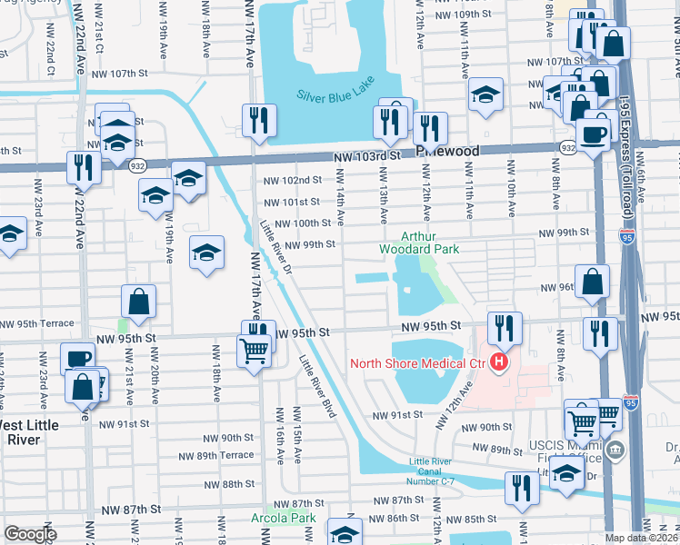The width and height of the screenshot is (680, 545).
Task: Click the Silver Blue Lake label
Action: coord(334,94)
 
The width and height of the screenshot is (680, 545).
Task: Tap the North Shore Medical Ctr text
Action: coord(417,365)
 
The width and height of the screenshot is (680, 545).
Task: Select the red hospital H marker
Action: coord(498,365)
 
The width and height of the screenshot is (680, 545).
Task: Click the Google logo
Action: coord(29,534)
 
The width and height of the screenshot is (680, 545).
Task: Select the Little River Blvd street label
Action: coord(318,387)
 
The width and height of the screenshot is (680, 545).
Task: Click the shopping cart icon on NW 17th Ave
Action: coord(254,350)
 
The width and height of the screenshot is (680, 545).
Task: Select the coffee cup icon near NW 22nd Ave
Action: coord(78,358)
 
